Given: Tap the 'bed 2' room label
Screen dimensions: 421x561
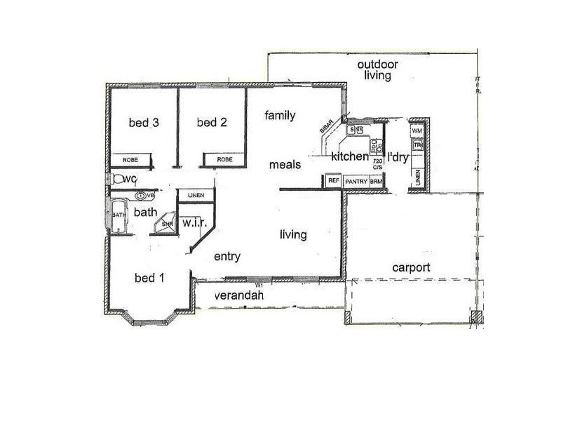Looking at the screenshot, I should coord(212,123).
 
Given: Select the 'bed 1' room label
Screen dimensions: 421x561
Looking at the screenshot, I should coord(149,277).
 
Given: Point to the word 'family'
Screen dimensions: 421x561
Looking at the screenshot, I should coord(280,116).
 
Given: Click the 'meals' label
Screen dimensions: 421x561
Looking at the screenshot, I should coord(286,164).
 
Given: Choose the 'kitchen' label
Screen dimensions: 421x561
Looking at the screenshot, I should coord(350,156).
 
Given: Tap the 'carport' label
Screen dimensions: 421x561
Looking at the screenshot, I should coord(411,267).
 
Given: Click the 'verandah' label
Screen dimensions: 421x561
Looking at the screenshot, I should coord(240,296).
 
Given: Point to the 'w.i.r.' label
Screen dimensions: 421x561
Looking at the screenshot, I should coord(192,222).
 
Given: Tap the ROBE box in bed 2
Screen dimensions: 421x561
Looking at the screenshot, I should coord(224,160).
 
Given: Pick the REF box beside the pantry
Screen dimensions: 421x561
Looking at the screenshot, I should coord(334,181).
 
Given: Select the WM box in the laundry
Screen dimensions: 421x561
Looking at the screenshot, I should coord(417,131).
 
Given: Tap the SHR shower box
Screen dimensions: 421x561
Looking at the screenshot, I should coord(166,223).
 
